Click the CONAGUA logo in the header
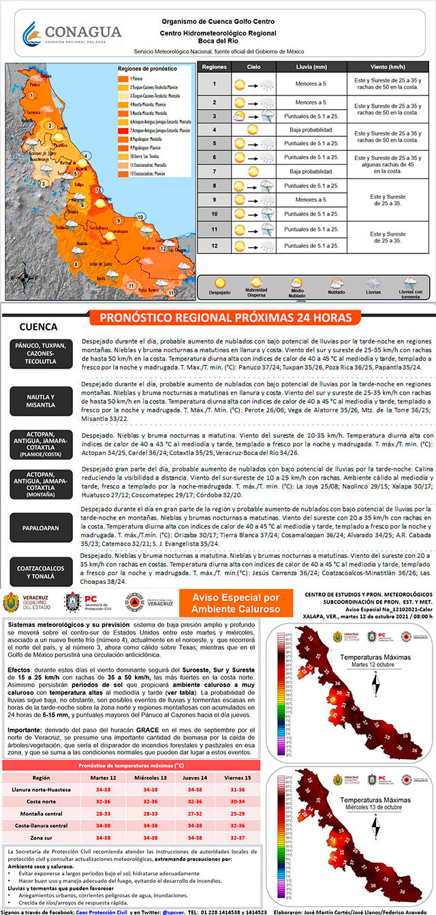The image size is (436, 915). click(x=72, y=33)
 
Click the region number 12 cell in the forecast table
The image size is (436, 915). click(x=214, y=245)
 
